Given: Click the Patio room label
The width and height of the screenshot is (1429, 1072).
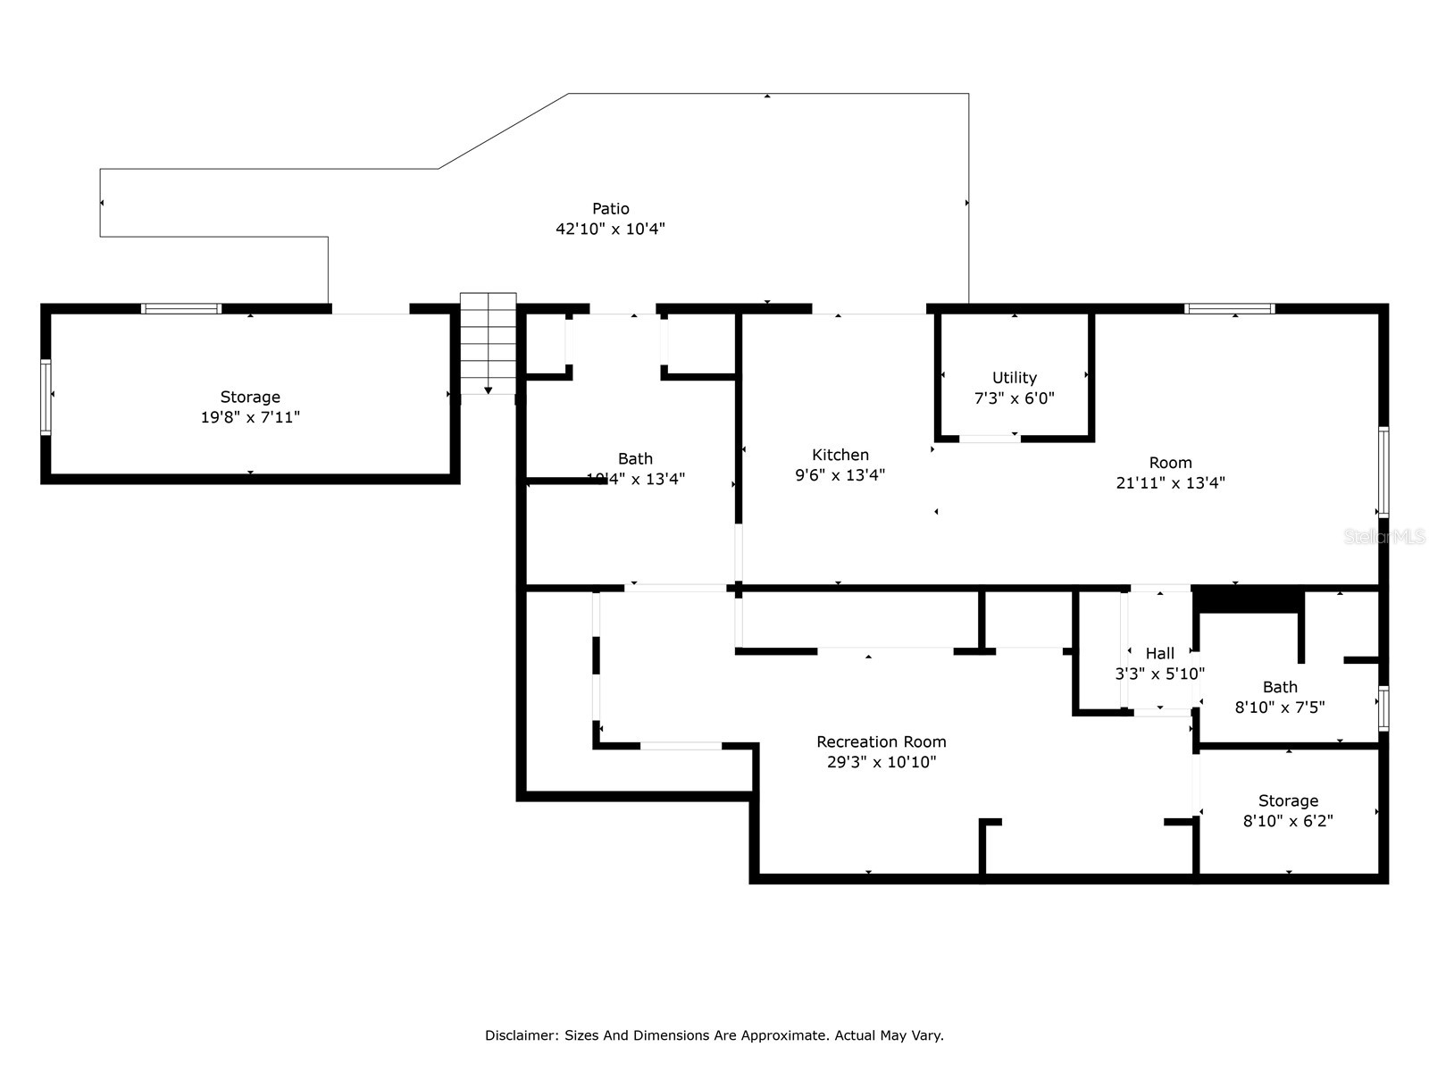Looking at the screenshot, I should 611,209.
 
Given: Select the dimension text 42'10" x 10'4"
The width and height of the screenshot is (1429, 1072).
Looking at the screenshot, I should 611,229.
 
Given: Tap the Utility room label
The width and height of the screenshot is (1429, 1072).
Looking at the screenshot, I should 1015,378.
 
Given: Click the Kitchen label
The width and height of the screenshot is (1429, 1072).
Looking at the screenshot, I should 840,455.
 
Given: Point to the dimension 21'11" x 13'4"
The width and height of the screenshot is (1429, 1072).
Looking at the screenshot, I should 1170,482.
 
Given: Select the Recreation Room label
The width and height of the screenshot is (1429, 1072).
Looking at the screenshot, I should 882,741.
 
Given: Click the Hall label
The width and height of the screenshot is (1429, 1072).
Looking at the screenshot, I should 1160,654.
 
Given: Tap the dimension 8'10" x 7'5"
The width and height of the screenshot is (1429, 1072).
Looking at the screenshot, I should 1280,708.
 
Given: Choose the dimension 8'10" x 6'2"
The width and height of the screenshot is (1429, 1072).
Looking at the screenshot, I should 1288,821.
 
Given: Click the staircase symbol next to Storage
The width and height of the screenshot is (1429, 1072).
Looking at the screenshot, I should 489,343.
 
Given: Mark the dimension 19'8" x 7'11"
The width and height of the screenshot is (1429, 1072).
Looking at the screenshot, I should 250,417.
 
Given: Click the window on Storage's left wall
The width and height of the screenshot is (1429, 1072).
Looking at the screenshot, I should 46,397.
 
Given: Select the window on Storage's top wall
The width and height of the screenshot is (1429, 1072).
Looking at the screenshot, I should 181,309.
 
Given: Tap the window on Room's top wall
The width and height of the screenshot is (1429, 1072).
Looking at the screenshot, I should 1230,309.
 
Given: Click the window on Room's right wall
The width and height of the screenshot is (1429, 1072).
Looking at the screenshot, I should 1383,472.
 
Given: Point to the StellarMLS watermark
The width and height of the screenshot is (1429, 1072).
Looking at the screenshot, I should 1385,537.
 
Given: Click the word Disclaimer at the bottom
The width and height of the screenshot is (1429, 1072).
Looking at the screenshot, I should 522,1035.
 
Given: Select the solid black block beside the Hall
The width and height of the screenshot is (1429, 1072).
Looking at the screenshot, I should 1247,599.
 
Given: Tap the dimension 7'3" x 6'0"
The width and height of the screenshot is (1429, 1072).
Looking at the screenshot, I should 1015,398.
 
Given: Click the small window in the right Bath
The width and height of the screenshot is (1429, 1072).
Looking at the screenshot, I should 1383,708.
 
